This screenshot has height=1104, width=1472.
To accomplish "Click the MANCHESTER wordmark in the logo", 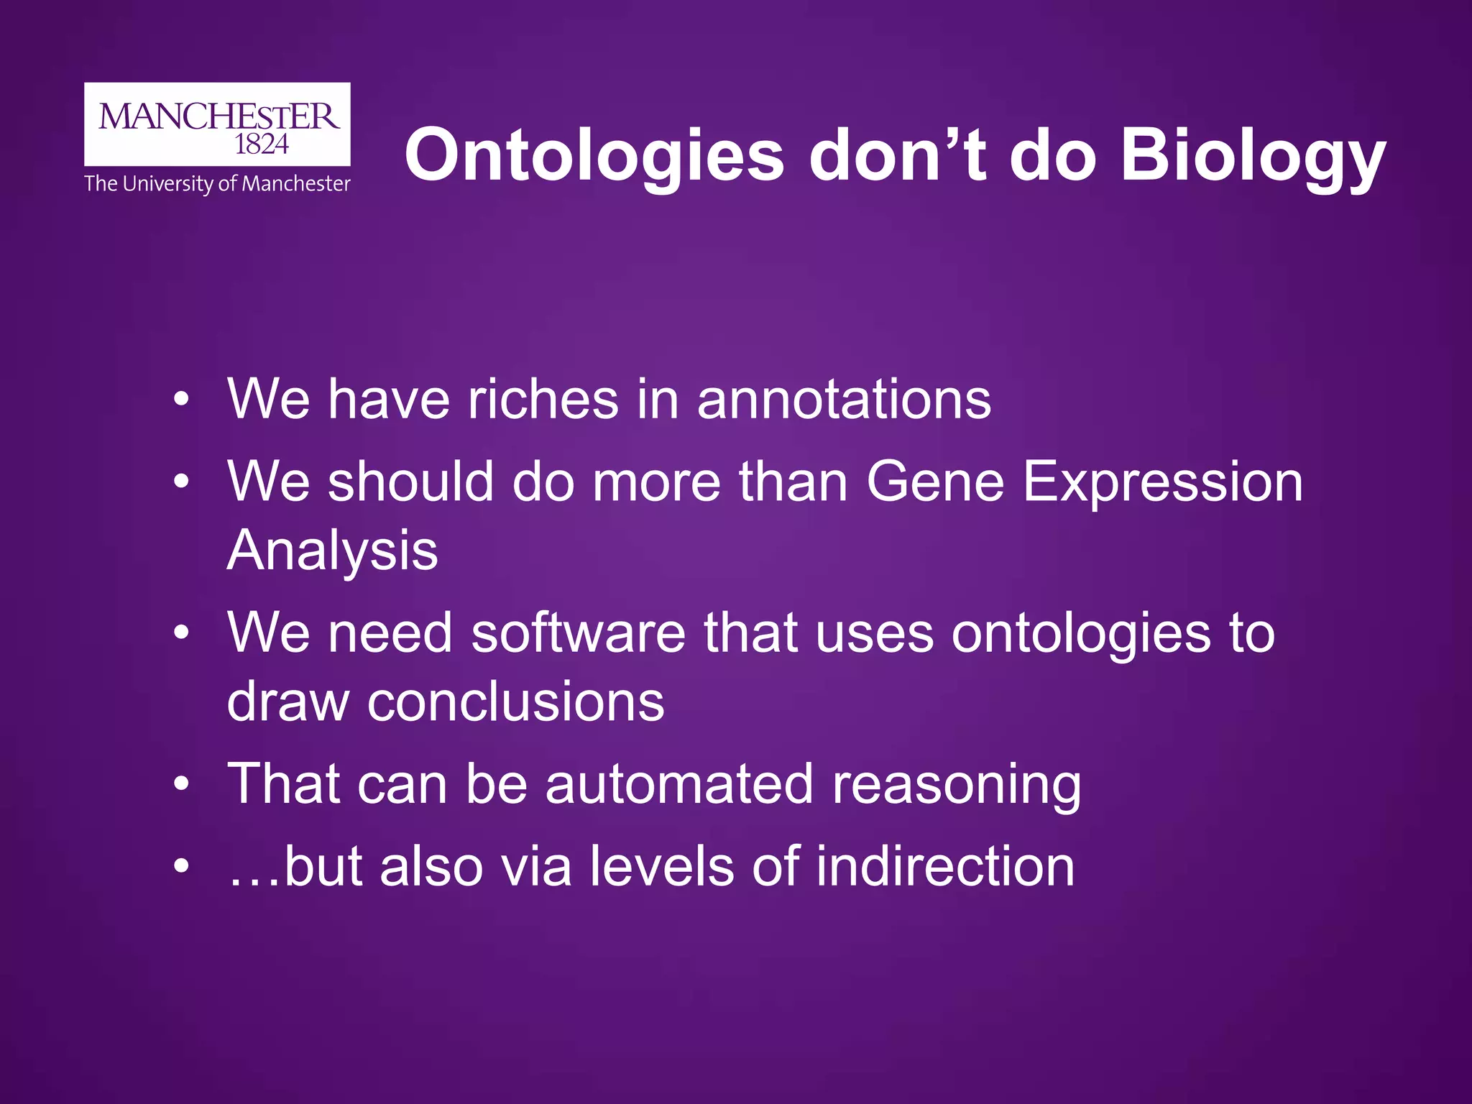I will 218,116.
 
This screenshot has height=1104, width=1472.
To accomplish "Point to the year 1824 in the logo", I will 262,145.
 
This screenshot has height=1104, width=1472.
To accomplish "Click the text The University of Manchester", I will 217,184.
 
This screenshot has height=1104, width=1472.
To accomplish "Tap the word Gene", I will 935,482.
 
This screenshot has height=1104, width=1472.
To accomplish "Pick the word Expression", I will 1162,482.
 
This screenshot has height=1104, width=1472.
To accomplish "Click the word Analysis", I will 332,551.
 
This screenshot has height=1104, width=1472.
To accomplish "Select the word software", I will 578,632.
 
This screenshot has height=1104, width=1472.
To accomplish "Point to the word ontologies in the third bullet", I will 1080,634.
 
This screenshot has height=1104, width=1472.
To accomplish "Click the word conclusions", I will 515,701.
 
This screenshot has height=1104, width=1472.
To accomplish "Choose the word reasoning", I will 956,785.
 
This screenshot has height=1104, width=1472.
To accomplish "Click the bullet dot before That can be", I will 182,785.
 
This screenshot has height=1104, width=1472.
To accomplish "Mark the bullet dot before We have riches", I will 182,400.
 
